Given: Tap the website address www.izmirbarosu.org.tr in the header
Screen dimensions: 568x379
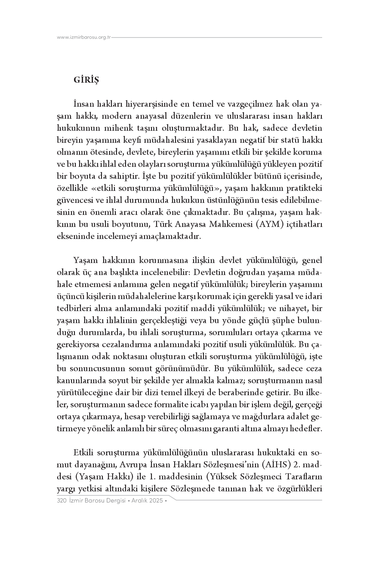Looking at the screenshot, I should pos(84,38).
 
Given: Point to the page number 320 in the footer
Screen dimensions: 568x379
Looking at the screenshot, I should pos(61,501).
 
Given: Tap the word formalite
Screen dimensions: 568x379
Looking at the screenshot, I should pos(167,405).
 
